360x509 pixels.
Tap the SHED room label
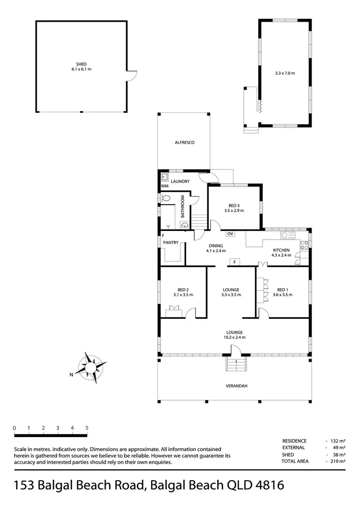pos(81,64)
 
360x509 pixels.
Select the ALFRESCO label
pos(183,143)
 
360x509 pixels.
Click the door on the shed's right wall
pos(132,75)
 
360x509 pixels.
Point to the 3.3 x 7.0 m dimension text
pos(285,73)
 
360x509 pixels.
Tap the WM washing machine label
pos(165,186)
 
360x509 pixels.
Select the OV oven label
pos(230,234)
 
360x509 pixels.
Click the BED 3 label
pos(234,205)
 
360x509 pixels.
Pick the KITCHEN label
pos(281,250)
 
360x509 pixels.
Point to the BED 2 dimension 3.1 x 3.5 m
pos(183,295)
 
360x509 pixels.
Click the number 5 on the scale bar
pos(87,428)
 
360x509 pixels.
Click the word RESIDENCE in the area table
pos(294,441)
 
